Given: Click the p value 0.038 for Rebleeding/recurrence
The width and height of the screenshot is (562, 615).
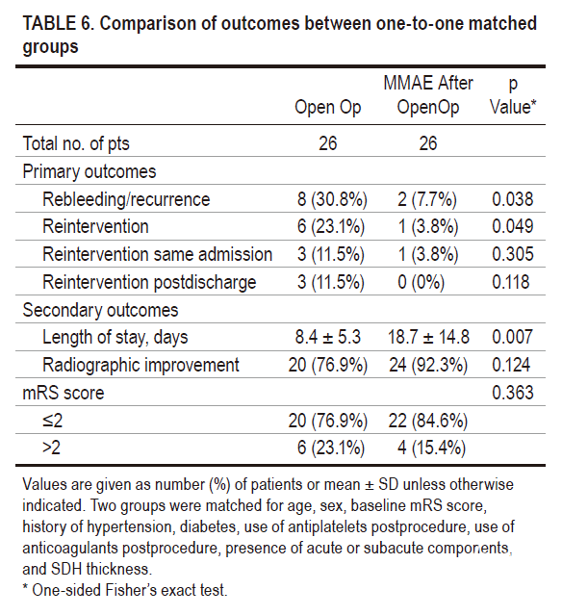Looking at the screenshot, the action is pos(512,199).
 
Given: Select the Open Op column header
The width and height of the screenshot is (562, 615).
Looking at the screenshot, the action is pos(327,108).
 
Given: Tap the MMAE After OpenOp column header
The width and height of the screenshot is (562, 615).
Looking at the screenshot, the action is pos(428,95).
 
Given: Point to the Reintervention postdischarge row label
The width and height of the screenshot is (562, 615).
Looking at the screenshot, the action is pos(149,282).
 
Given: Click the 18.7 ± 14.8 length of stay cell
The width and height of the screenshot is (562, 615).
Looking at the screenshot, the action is pos(428,337).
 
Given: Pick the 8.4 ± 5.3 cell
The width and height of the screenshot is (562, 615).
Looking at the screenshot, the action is pos(327,337).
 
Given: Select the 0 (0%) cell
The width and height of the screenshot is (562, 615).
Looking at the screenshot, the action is pos(421,282).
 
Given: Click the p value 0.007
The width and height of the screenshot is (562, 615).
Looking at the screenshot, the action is pos(512,337).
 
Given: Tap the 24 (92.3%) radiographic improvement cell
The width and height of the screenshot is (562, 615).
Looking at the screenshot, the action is pos(428,365).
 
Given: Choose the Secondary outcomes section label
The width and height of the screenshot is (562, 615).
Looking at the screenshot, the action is pos(100,310).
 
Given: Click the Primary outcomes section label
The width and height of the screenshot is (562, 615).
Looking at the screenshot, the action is pos(89,171).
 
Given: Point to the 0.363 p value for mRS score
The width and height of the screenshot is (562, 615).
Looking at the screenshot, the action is pos(513,393).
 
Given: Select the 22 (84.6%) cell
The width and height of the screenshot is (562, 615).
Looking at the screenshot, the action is pos(428,421).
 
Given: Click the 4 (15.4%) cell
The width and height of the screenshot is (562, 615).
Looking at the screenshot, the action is pos(431,448).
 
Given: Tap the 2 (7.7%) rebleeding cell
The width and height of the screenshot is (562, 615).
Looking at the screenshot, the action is pos(427,199).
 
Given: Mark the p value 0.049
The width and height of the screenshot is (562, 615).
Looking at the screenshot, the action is pos(512,227).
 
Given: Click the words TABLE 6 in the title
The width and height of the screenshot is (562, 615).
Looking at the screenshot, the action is pos(58,23).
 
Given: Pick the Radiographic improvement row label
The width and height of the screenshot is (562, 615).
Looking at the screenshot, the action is pos(140,365).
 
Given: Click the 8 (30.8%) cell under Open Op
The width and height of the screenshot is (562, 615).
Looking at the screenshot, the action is pos(332,199).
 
